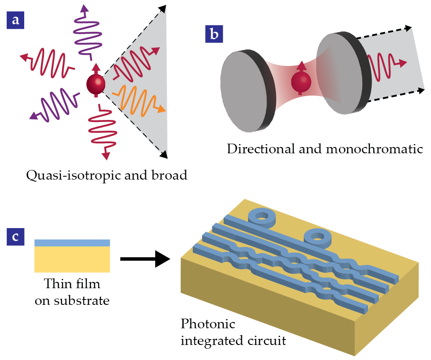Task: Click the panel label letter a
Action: [x=15, y=20]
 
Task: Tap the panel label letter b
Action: [x=214, y=34]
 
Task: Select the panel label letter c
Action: [x=15, y=236]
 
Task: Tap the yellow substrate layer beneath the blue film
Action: [x=72, y=259]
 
